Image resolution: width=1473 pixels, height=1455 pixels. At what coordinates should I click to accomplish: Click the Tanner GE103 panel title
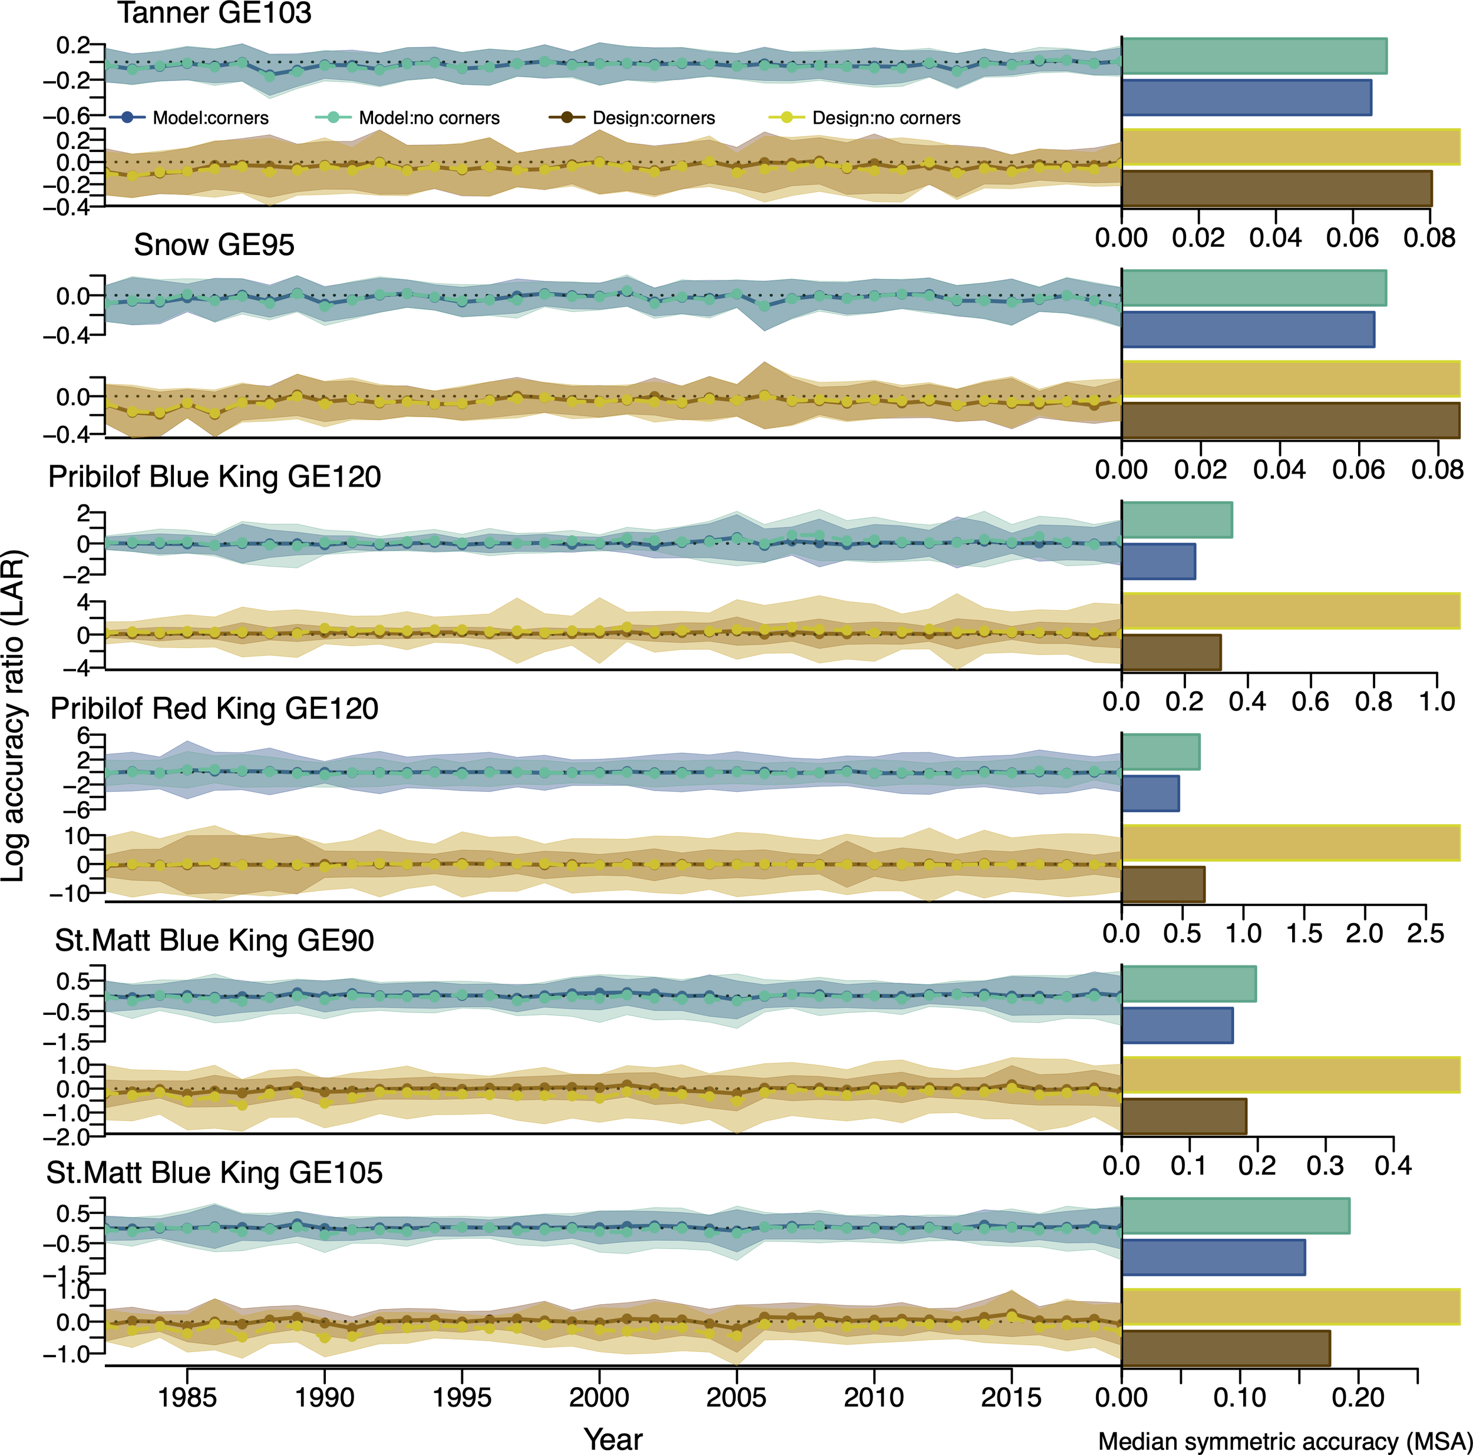click(214, 13)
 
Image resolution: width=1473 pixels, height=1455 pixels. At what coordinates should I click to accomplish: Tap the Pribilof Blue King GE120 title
click(214, 477)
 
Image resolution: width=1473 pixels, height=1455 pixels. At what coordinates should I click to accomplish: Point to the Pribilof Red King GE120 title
click(214, 709)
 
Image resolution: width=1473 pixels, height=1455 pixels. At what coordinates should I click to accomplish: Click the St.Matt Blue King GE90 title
click(214, 941)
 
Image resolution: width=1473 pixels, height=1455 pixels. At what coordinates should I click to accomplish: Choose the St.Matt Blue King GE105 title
click(214, 1172)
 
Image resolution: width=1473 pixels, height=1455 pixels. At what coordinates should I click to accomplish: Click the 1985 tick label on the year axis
click(187, 1398)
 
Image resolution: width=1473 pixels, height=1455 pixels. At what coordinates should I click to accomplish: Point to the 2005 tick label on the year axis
click(736, 1398)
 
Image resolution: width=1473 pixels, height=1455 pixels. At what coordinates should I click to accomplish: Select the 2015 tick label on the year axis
click(1011, 1398)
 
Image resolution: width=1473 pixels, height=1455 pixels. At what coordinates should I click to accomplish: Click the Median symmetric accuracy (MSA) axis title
click(1284, 1441)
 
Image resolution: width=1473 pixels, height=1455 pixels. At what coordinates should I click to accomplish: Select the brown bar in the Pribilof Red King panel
click(1162, 884)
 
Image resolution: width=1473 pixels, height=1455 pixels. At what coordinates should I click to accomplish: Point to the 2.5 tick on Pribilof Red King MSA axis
click(1425, 934)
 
